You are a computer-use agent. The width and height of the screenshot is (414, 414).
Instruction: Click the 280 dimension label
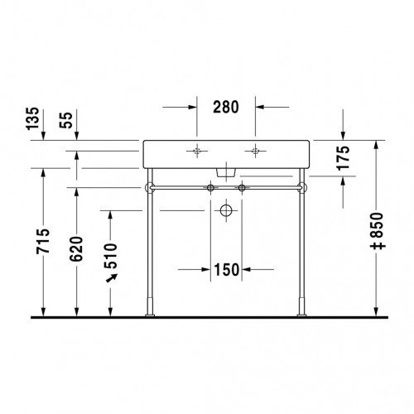click(x=226, y=107)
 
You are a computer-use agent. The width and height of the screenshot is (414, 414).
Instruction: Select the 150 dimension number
click(x=226, y=270)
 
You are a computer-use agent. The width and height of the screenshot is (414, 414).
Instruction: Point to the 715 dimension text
click(x=43, y=241)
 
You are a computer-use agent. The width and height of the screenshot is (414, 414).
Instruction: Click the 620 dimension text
click(x=76, y=249)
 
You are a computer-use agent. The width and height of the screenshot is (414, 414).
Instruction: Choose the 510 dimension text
click(x=110, y=256)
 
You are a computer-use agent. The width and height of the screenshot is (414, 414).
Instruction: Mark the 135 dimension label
click(x=32, y=118)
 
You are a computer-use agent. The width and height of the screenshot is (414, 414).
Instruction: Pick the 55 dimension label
click(x=66, y=120)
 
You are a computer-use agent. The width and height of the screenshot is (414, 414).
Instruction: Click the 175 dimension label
click(x=344, y=157)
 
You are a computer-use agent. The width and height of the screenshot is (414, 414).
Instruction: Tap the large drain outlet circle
click(x=226, y=210)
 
